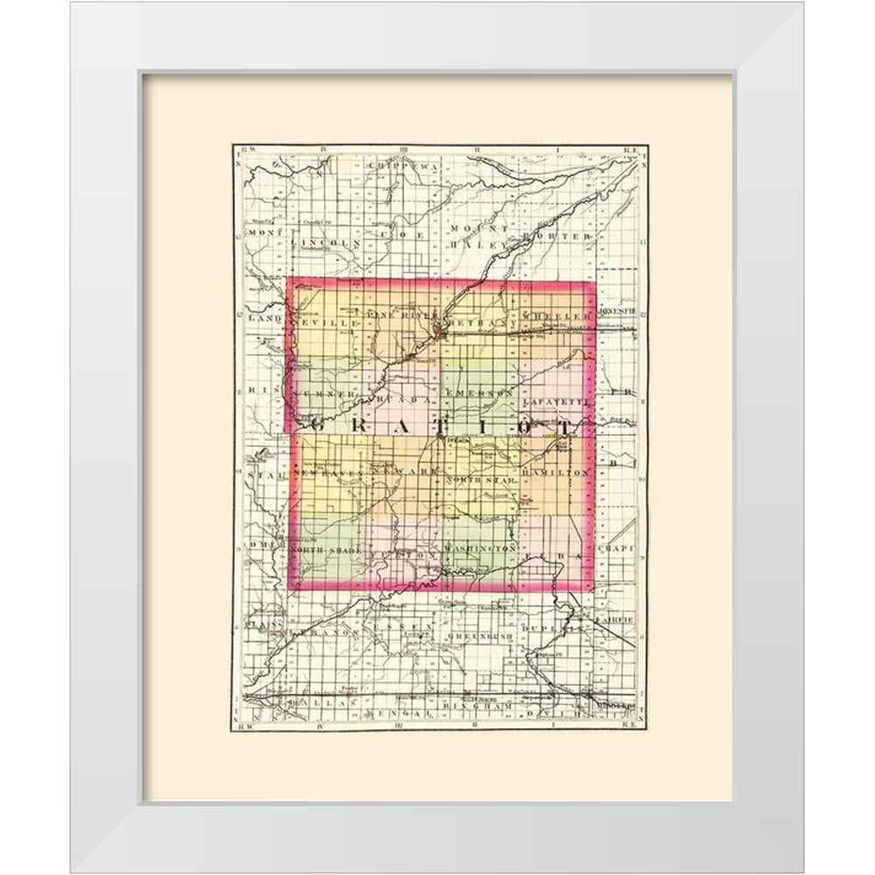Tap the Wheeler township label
pos(553,314)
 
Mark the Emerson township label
pos(478,395)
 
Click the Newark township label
pos(402,472)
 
